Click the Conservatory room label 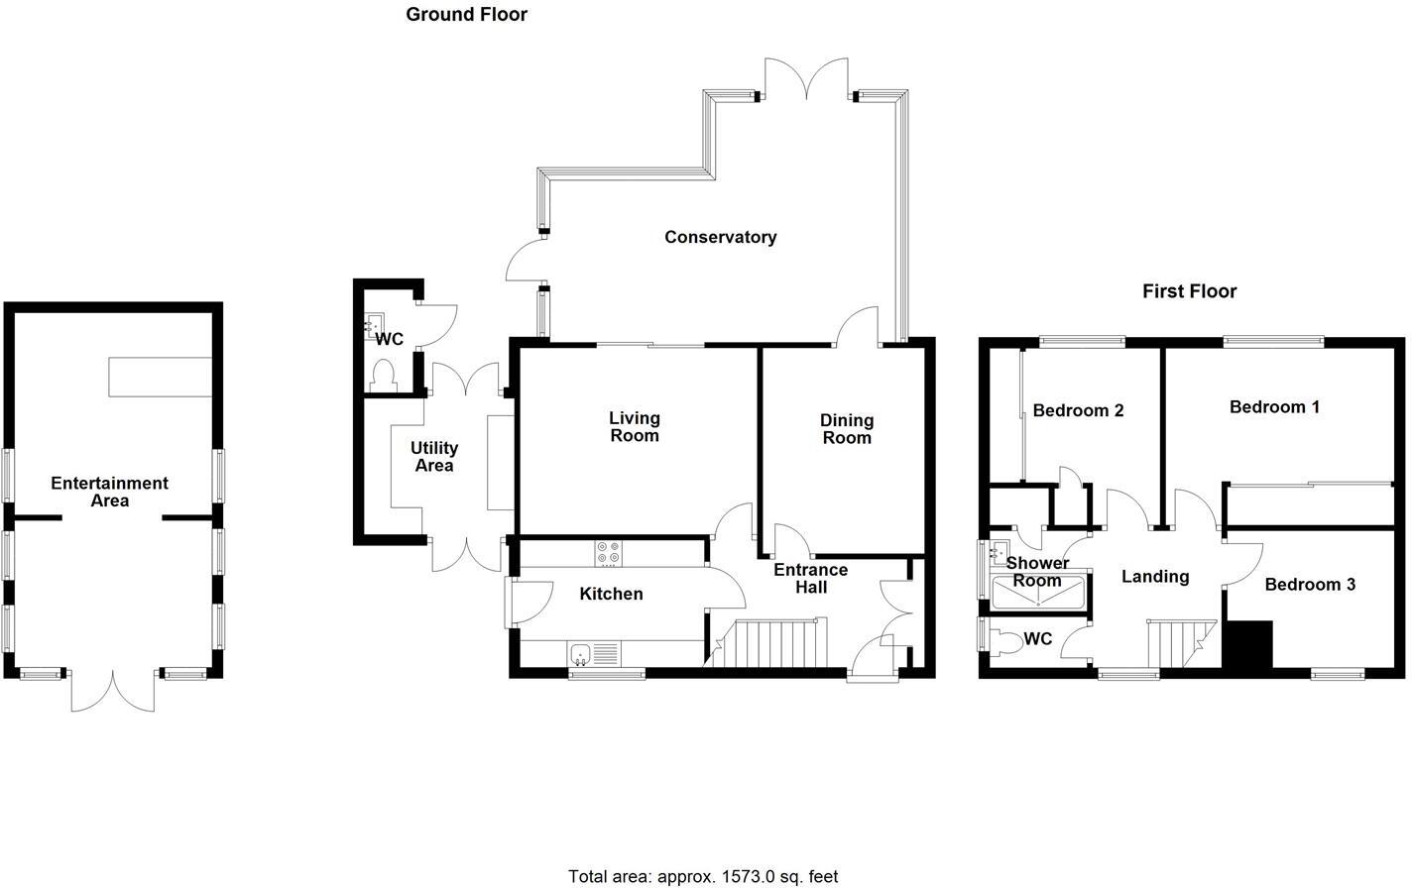coord(720,237)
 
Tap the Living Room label coord(634,427)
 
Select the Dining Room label coord(846,429)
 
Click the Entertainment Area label coord(109,492)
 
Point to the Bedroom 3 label coord(1310,585)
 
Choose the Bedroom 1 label coord(1274,407)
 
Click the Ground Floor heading coord(466,14)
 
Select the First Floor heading coord(1189,291)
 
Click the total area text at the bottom coord(703,876)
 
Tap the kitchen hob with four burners coord(608,553)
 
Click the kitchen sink coord(581,653)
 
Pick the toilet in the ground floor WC coord(382,374)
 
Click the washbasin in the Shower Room coord(999,552)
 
